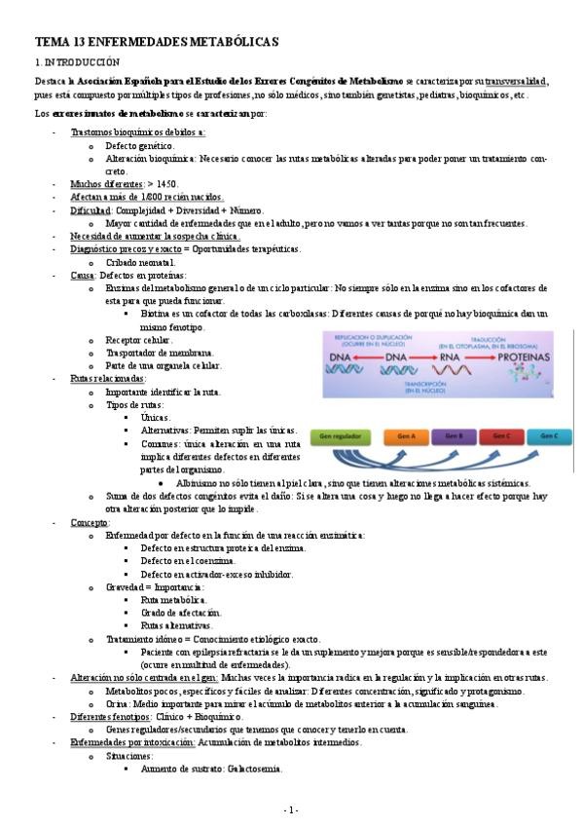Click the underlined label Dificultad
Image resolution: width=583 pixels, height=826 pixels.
pyautogui.click(x=91, y=209)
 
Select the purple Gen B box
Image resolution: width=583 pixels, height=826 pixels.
pyautogui.click(x=454, y=436)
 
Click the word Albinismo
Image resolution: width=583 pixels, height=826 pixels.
pyautogui.click(x=201, y=482)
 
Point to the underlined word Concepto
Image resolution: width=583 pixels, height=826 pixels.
pyautogui.click(x=90, y=522)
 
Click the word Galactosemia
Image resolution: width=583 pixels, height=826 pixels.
pyautogui.click(x=253, y=769)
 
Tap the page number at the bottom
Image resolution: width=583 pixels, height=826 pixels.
pyautogui.click(x=291, y=810)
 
